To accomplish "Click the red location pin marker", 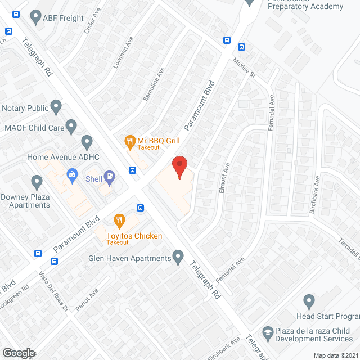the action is pos(179,167).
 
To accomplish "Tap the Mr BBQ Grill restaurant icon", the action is pos(130,141).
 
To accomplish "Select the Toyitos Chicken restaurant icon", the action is pos(119,219).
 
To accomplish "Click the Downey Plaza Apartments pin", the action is pos(37,182).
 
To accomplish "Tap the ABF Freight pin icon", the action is pos(35,17).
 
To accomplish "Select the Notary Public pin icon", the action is pos(56,106).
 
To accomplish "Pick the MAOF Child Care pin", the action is pos(71,126).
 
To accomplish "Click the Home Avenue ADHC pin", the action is pos(87,141).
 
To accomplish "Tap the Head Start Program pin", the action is pos(308,301).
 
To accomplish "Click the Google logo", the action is pos(19,353).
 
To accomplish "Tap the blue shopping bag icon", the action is pos(73,175).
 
